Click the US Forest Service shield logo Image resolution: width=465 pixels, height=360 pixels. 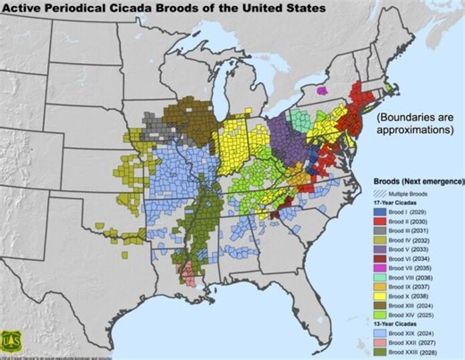14,341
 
